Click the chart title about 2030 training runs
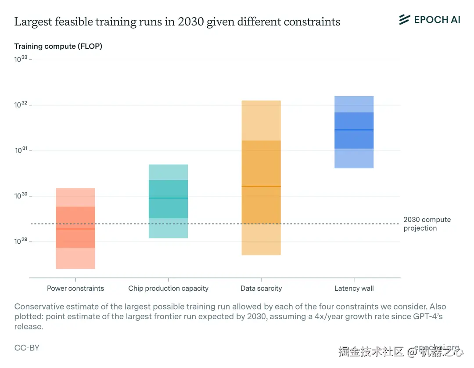pyautogui.click(x=177, y=22)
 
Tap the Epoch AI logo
pyautogui.click(x=429, y=20)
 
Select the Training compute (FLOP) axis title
pyautogui.click(x=58, y=46)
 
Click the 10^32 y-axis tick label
pyautogui.click(x=21, y=105)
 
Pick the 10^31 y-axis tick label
pyautogui.click(x=21, y=151)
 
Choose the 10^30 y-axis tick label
pyautogui.click(x=21, y=196)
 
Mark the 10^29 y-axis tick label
pyautogui.click(x=21, y=242)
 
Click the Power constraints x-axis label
pyautogui.click(x=75, y=289)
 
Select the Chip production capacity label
pyautogui.click(x=168, y=289)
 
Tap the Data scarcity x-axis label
pyautogui.click(x=261, y=289)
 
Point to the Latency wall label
pyautogui.click(x=354, y=289)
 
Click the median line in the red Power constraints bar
pyautogui.click(x=75, y=229)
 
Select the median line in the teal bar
pyautogui.click(x=168, y=198)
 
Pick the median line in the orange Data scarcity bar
pyautogui.click(x=261, y=186)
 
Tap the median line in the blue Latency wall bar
pyautogui.click(x=354, y=130)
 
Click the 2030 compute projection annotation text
pyautogui.click(x=427, y=224)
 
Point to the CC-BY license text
pyautogui.click(x=27, y=348)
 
